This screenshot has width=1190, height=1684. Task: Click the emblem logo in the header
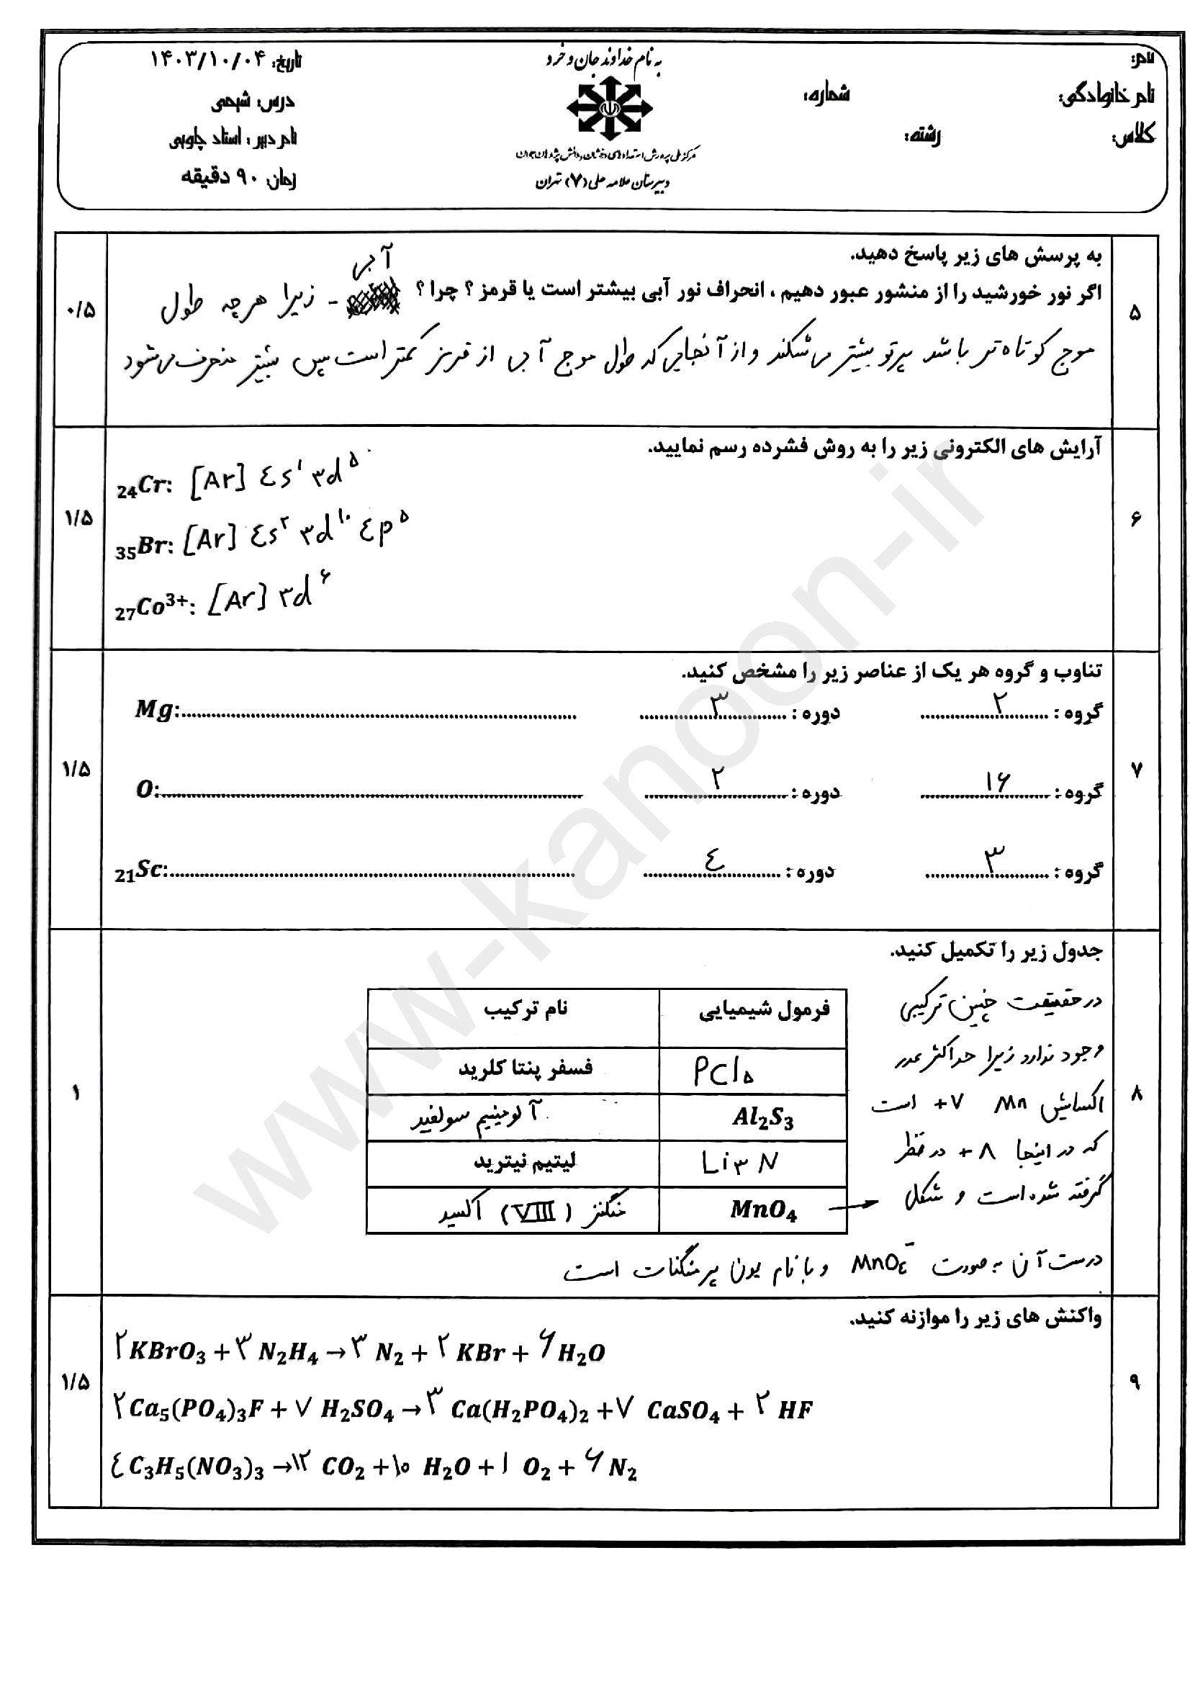pyautogui.click(x=609, y=109)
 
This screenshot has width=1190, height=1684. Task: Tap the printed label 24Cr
pyautogui.click(x=144, y=486)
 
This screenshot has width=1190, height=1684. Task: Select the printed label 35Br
pyautogui.click(x=144, y=547)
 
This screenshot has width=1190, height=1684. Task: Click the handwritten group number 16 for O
pyautogui.click(x=997, y=783)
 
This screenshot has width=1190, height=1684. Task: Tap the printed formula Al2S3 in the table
pyautogui.click(x=762, y=1117)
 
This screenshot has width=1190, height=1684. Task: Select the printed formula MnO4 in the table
pyautogui.click(x=762, y=1210)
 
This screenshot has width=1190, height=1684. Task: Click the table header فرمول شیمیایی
pyautogui.click(x=763, y=1011)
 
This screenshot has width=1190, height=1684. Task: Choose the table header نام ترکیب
pyautogui.click(x=525, y=1009)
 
